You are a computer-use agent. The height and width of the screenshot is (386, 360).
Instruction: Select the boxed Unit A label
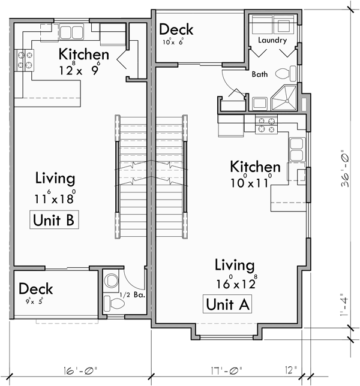227,304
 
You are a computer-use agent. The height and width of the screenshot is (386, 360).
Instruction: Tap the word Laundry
272,41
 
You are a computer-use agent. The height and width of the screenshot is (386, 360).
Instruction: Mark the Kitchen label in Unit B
83,55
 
